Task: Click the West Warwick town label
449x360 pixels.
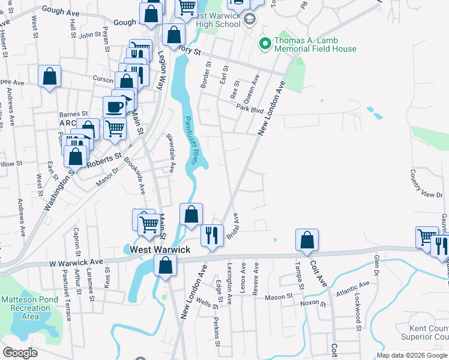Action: pyautogui.click(x=157, y=250)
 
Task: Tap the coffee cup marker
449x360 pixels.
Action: pyautogui.click(x=114, y=107)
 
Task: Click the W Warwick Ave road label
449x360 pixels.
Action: pyautogui.click(x=76, y=263)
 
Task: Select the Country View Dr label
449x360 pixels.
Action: pyautogui.click(x=418, y=184)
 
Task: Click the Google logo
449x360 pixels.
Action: pyautogui.click(x=20, y=353)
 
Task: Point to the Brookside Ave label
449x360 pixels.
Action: pyautogui.click(x=134, y=176)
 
